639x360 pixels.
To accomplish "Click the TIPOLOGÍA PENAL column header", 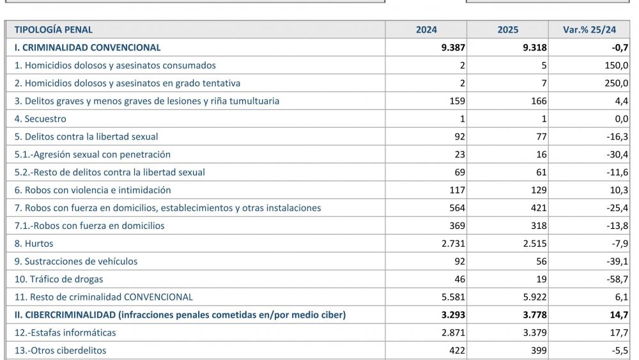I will click(54, 29).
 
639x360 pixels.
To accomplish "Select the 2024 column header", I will click(426, 29).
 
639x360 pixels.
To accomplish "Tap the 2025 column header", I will click(508, 29).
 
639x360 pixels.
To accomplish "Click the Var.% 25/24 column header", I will click(589, 29).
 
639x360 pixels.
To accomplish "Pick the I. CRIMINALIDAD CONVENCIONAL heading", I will click(88, 47).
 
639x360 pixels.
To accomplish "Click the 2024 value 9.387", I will click(453, 47).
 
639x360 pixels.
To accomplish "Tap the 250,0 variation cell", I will click(617, 83).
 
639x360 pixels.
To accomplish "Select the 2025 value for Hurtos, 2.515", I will click(534, 244).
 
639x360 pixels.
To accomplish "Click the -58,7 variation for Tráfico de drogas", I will click(617, 279).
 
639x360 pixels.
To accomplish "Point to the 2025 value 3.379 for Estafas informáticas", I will click(534, 333).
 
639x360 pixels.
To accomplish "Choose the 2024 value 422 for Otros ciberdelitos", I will click(458, 350).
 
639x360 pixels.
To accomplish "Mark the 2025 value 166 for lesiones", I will click(539, 101).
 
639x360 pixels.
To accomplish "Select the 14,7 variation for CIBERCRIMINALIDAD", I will click(619, 315).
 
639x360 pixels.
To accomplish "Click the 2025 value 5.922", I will click(534, 297).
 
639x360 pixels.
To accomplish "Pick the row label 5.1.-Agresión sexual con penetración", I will click(93, 155).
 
